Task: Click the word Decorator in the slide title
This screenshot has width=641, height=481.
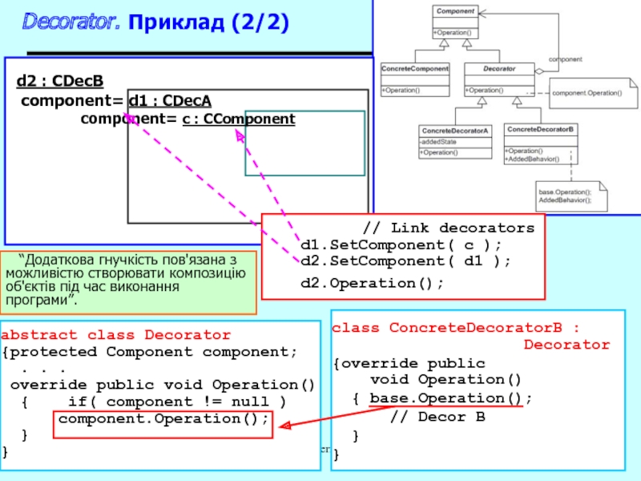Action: tap(71, 22)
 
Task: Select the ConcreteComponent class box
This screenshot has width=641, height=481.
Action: tap(414, 79)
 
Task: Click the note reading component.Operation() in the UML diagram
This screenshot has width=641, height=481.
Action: tap(587, 94)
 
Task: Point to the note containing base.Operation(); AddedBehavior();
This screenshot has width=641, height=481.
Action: tap(569, 196)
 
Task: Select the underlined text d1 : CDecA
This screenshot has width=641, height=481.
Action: tap(170, 100)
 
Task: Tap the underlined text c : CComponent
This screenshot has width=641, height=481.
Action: tap(239, 119)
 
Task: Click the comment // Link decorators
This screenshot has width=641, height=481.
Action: tap(448, 228)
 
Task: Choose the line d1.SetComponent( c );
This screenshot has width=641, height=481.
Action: tap(401, 245)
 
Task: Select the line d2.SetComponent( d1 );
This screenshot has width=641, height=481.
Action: tap(405, 261)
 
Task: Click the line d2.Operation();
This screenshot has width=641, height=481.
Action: tap(372, 283)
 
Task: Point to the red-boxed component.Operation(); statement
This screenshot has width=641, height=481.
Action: tap(163, 419)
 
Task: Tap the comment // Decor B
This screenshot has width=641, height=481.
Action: tap(437, 417)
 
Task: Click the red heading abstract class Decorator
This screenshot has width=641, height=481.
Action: tap(116, 335)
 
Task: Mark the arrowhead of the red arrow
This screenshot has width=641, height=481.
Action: tap(281, 426)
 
